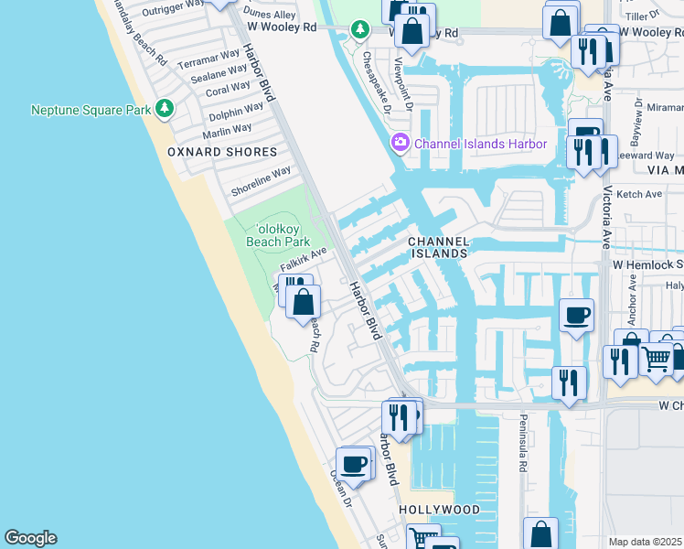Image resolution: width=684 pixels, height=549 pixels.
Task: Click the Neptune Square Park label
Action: [x=90, y=111]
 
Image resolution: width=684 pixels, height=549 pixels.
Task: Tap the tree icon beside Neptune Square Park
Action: [x=165, y=110]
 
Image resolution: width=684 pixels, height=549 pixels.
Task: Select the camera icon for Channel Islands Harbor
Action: [x=400, y=144]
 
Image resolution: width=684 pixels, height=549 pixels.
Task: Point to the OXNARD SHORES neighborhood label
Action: [x=222, y=152]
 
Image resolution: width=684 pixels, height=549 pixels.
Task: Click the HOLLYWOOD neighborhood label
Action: [x=439, y=510]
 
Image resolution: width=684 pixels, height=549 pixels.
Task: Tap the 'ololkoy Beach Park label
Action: [x=279, y=234]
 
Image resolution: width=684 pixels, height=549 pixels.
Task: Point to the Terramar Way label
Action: [x=209, y=61]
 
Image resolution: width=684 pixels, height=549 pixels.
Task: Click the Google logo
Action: [x=30, y=538]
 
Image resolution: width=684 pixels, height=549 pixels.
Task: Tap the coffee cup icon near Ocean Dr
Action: [x=353, y=464]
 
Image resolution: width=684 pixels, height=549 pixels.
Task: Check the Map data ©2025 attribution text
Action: [x=645, y=542]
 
